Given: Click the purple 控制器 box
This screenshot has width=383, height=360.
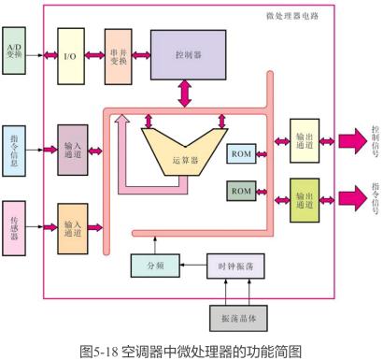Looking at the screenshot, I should point(188,55).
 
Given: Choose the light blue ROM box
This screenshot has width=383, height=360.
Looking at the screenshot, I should point(240,153).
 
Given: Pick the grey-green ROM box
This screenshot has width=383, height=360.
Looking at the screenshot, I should point(240,192).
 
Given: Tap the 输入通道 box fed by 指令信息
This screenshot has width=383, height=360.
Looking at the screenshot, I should point(72,151).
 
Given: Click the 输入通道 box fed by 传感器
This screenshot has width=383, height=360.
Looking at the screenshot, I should point(72,228).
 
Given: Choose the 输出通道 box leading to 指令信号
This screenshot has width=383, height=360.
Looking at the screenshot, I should point(305,199).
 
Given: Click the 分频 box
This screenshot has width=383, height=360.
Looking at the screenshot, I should point(154,266).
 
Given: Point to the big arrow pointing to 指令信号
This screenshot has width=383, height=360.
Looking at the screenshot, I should point(351,198).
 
